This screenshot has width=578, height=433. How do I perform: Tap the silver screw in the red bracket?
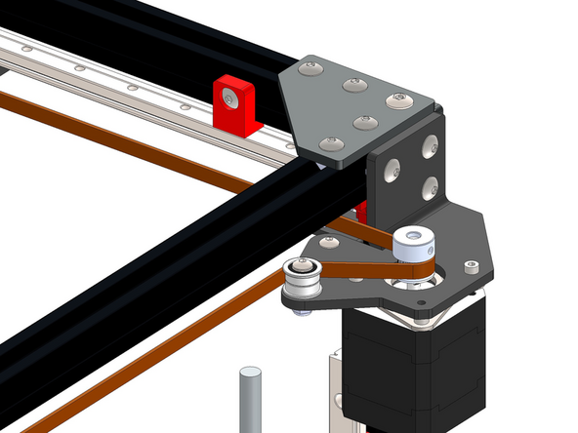tap(229, 98)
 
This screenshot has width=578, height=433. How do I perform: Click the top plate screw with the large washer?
tap(398, 99)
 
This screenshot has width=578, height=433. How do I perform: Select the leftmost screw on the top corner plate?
tap(310, 69)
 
